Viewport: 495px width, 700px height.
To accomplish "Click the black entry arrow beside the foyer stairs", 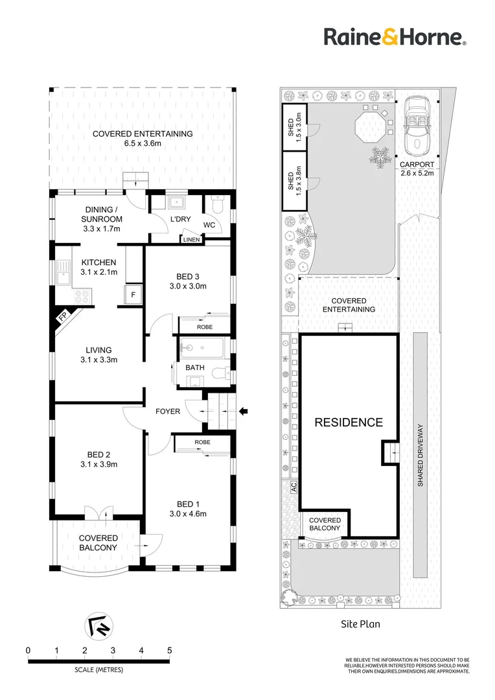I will (x=244, y=410).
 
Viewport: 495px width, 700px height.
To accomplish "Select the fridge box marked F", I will (x=133, y=294).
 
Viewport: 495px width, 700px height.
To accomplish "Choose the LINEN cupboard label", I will (x=192, y=240).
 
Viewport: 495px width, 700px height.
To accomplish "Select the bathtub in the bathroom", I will (x=201, y=347).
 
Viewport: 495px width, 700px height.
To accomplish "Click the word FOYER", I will (x=167, y=411).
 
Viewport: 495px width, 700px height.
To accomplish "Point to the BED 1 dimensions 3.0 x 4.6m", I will (x=187, y=514).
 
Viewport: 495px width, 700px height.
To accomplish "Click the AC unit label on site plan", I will (x=294, y=487).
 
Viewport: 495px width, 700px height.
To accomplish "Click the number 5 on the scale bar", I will (x=169, y=650).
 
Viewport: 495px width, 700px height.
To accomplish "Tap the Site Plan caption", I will (x=360, y=625).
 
